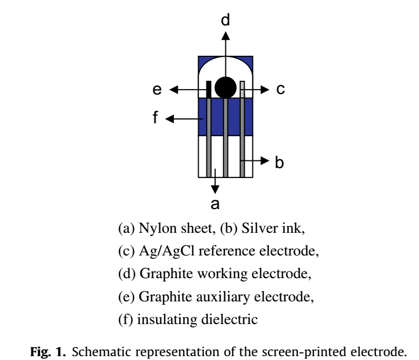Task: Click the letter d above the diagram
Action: pos(225,20)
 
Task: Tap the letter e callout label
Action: pos(157,90)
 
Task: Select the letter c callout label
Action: pos(281,89)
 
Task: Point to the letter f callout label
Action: pos(155,117)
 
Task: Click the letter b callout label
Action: pos(280,162)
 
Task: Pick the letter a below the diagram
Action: pos(215,204)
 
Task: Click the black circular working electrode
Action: pos(225,87)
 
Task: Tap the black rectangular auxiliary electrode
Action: pos(209,90)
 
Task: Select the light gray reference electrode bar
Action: pos(242,90)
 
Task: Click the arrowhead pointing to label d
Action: pos(225,36)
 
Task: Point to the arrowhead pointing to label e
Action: pos(174,90)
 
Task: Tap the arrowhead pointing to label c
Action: pos(265,90)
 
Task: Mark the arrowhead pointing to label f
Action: pos(170,119)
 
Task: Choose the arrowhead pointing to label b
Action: pos(265,160)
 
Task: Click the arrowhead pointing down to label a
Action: pos(215,190)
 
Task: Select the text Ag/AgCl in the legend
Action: pos(167,251)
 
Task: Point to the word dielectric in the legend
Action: pos(230,320)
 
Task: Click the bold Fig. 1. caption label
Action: pos(48,352)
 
